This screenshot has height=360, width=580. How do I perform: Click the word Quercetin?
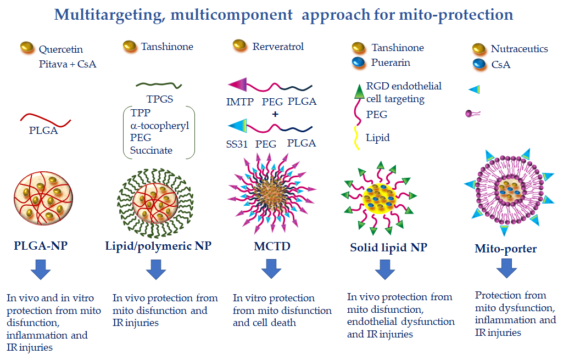(60, 49)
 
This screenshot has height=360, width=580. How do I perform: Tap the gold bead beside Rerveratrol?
(239, 45)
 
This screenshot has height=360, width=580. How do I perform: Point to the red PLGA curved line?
(45, 120)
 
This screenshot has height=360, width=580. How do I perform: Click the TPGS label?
(159, 99)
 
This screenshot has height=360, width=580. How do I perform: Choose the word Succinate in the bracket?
(151, 150)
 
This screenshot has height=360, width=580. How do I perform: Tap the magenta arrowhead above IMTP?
(237, 85)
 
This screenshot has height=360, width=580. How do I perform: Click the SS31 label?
(237, 144)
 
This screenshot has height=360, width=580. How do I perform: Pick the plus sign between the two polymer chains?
(275, 114)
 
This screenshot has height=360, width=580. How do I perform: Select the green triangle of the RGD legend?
(359, 92)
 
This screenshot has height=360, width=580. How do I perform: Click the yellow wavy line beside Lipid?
(356, 138)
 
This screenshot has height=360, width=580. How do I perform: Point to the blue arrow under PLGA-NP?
(41, 269)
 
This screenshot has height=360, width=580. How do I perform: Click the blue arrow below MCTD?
(271, 269)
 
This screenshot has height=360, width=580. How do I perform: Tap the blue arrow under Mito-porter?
(506, 268)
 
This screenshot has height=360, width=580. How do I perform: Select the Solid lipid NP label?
(388, 248)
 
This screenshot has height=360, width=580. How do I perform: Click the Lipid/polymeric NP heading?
(158, 246)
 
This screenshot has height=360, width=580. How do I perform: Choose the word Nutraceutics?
(520, 49)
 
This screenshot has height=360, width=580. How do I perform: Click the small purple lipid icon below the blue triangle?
(473, 114)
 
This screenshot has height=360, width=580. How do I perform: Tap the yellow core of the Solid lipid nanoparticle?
(379, 199)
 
